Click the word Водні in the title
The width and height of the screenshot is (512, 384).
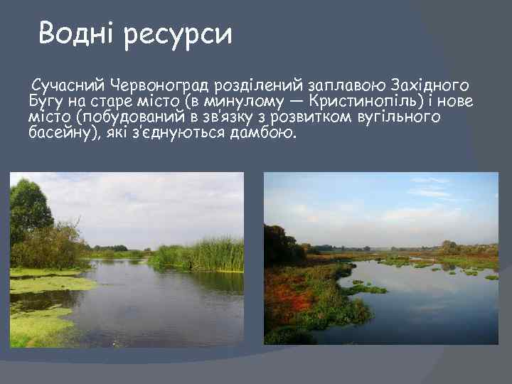(77, 33)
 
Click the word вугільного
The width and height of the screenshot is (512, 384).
(401, 117)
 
